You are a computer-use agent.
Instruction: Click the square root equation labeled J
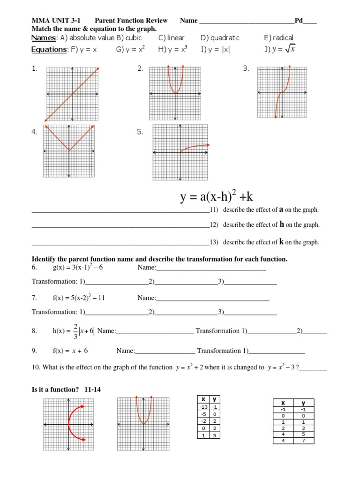pyautogui.click(x=280, y=50)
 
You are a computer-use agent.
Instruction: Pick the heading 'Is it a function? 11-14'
pyautogui.click(x=66, y=389)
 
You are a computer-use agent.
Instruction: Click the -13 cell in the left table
pyautogui.click(x=203, y=407)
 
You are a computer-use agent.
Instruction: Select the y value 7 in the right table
pyautogui.click(x=303, y=441)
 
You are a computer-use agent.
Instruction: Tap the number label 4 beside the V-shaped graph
pyautogui.click(x=34, y=132)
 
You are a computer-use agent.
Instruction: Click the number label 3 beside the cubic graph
pyautogui.click(x=246, y=69)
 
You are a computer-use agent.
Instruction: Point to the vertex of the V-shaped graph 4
pyautogui.click(x=69, y=151)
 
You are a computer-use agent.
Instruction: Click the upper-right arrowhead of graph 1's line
pyautogui.click(x=97, y=69)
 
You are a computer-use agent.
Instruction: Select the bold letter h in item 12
pyautogui.click(x=282, y=225)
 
